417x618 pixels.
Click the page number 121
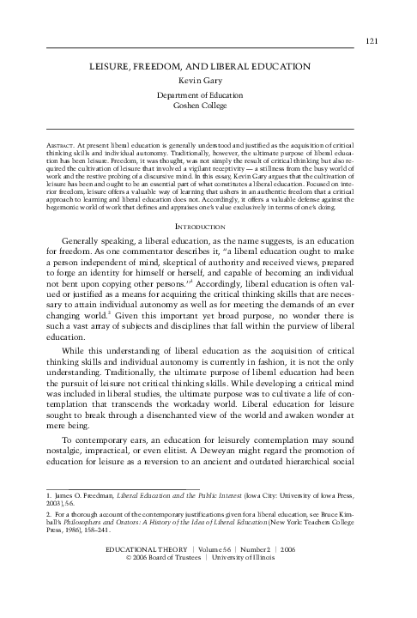click(x=372, y=40)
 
